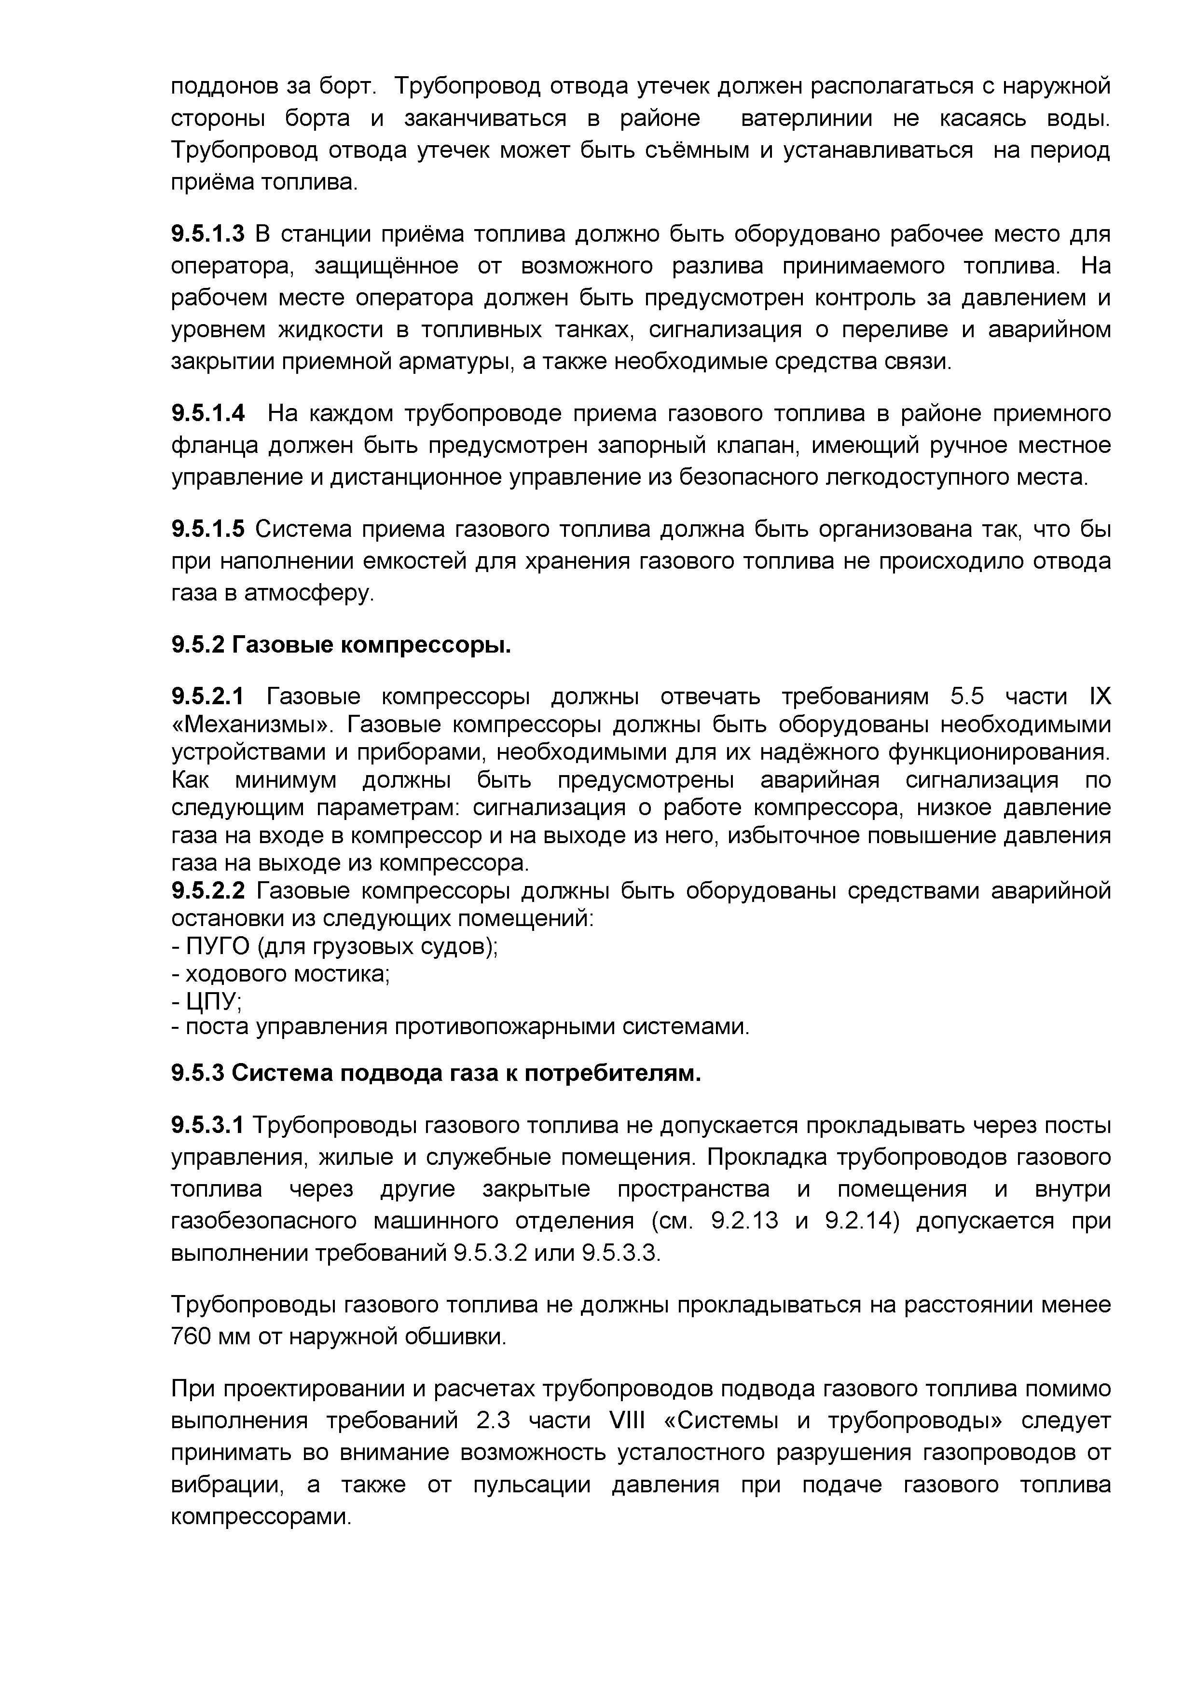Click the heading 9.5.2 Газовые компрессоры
[x=341, y=645]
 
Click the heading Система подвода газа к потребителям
[x=466, y=1073]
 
